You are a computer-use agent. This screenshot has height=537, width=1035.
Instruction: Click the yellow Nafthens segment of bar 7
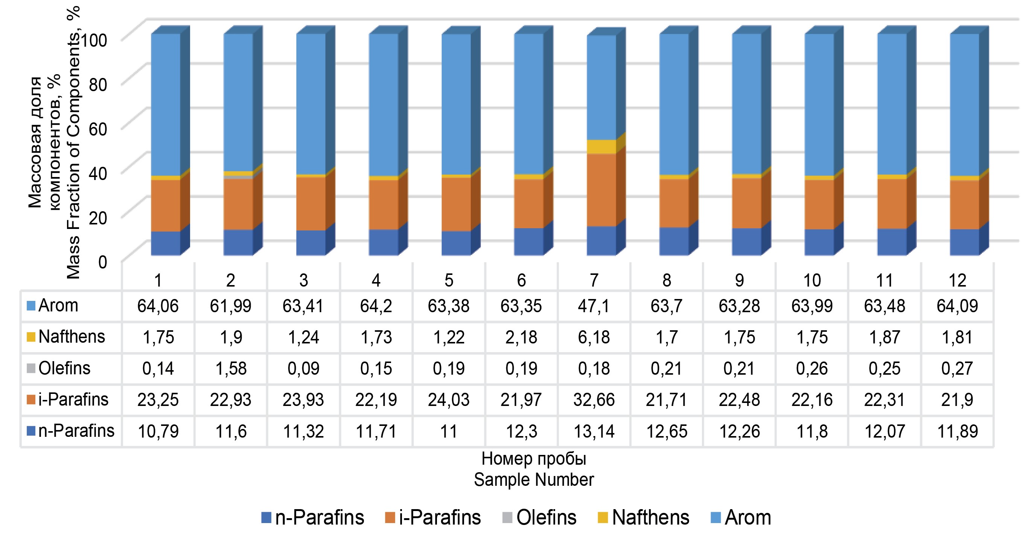(x=601, y=147)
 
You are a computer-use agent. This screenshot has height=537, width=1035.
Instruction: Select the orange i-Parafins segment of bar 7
(x=601, y=190)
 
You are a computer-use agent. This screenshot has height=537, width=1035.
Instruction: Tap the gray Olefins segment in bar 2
(x=238, y=177)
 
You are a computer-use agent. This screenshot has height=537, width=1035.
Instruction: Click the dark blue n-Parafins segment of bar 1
(x=166, y=243)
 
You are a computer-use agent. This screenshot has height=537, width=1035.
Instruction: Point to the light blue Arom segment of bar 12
(x=964, y=105)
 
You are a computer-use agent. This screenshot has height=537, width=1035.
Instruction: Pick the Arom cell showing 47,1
(x=594, y=306)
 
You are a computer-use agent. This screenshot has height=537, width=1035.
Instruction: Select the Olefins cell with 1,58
(x=231, y=369)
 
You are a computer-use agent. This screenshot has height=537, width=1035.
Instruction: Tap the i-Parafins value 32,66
(x=594, y=400)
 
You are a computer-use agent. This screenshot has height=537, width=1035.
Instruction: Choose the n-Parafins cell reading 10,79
(x=158, y=431)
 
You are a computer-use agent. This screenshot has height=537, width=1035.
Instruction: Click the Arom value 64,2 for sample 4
(x=376, y=306)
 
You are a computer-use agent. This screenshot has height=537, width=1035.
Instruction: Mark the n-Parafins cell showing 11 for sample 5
(x=448, y=431)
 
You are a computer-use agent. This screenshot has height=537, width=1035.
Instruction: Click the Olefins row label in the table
(x=64, y=369)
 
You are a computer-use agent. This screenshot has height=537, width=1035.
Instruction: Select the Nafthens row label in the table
(x=71, y=337)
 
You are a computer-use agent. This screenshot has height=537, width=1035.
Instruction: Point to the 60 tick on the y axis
(x=97, y=130)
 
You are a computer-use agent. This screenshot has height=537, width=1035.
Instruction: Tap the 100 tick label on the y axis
(x=94, y=40)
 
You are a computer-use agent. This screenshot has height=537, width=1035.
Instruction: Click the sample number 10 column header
(x=811, y=280)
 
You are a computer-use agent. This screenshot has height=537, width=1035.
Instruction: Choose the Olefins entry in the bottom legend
(x=546, y=518)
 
